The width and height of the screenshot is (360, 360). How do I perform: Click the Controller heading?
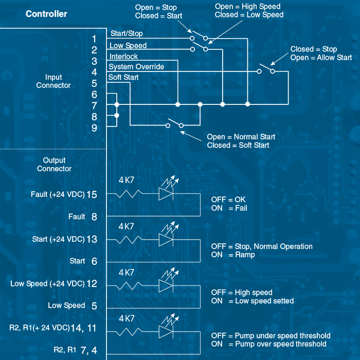[46, 14]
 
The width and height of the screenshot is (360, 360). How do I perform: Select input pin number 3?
[94, 61]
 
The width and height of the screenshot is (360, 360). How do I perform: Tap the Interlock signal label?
[123, 57]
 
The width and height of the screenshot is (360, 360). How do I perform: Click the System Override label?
[136, 67]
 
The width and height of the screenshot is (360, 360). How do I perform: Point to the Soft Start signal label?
[123, 78]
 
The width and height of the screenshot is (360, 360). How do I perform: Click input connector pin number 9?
[94, 128]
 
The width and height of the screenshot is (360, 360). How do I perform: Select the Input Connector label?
[53, 81]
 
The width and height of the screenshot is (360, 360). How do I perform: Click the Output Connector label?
[54, 165]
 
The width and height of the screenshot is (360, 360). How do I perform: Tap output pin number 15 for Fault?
[92, 194]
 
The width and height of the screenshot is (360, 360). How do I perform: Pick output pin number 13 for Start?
[92, 239]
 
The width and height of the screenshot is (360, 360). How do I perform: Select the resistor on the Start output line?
[129, 240]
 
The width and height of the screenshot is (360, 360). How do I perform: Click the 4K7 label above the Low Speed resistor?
[127, 272]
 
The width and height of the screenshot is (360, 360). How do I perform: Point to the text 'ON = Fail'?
[229, 208]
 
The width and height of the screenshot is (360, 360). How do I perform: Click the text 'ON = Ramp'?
[233, 255]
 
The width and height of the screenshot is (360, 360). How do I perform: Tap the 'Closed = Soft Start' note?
[239, 146]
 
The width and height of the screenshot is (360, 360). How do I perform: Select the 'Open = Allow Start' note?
[321, 58]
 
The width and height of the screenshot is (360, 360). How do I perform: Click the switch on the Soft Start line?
[175, 124]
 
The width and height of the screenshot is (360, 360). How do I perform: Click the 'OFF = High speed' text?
[242, 292]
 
